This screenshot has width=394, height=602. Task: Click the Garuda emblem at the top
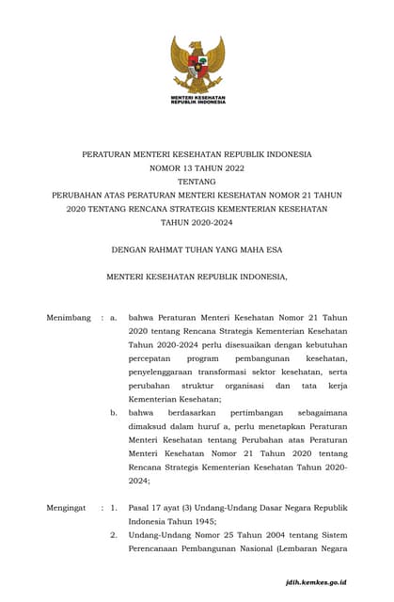pos(197,63)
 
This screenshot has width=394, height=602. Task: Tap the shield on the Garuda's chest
pos(197,66)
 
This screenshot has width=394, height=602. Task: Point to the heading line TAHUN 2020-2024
pos(197,223)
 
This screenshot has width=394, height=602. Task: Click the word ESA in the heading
pos(273,250)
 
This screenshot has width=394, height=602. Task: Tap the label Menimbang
pos(69,318)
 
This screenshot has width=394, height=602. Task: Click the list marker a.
pos(114,318)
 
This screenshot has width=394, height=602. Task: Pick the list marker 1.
pos(114,508)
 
